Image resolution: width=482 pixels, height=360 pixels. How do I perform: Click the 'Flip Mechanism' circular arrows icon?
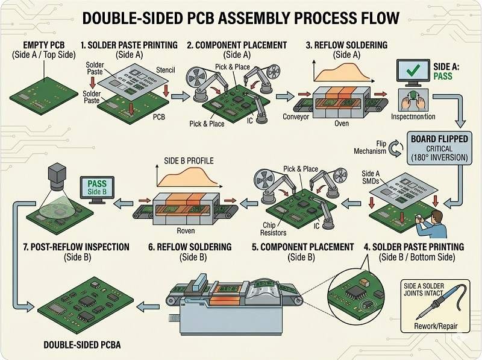pos(396,148)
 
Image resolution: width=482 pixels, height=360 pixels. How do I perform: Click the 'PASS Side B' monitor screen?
pos(98,188)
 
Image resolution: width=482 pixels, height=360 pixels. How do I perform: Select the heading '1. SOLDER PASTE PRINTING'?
pos(128,45)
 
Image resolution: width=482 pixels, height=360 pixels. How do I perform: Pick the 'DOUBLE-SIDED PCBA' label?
pos(82,345)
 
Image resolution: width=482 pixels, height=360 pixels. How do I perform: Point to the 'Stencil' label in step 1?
pos(165,70)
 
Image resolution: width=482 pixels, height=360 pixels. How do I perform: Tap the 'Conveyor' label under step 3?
pos(296,117)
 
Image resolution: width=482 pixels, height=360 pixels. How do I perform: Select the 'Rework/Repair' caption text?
pos(437,327)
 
